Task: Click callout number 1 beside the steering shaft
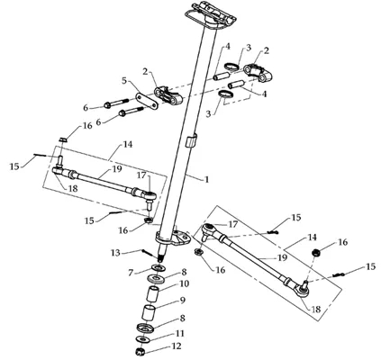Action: pos(206,180)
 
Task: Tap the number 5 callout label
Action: pos(125,81)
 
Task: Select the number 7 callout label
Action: pos(131,273)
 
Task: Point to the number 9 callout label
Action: pos(182,301)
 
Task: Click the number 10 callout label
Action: pos(185,283)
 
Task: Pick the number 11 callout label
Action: pos(180,333)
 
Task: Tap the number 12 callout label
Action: pos(177,346)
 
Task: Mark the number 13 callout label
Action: pos(115,253)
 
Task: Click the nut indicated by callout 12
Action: pos(139,352)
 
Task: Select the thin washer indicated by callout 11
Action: pos(143,339)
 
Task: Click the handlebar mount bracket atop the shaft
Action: pos(210,15)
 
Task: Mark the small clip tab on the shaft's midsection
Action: pos(190,140)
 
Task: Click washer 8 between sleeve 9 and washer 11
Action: pos(146,328)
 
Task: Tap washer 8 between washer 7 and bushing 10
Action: pos(157,278)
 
